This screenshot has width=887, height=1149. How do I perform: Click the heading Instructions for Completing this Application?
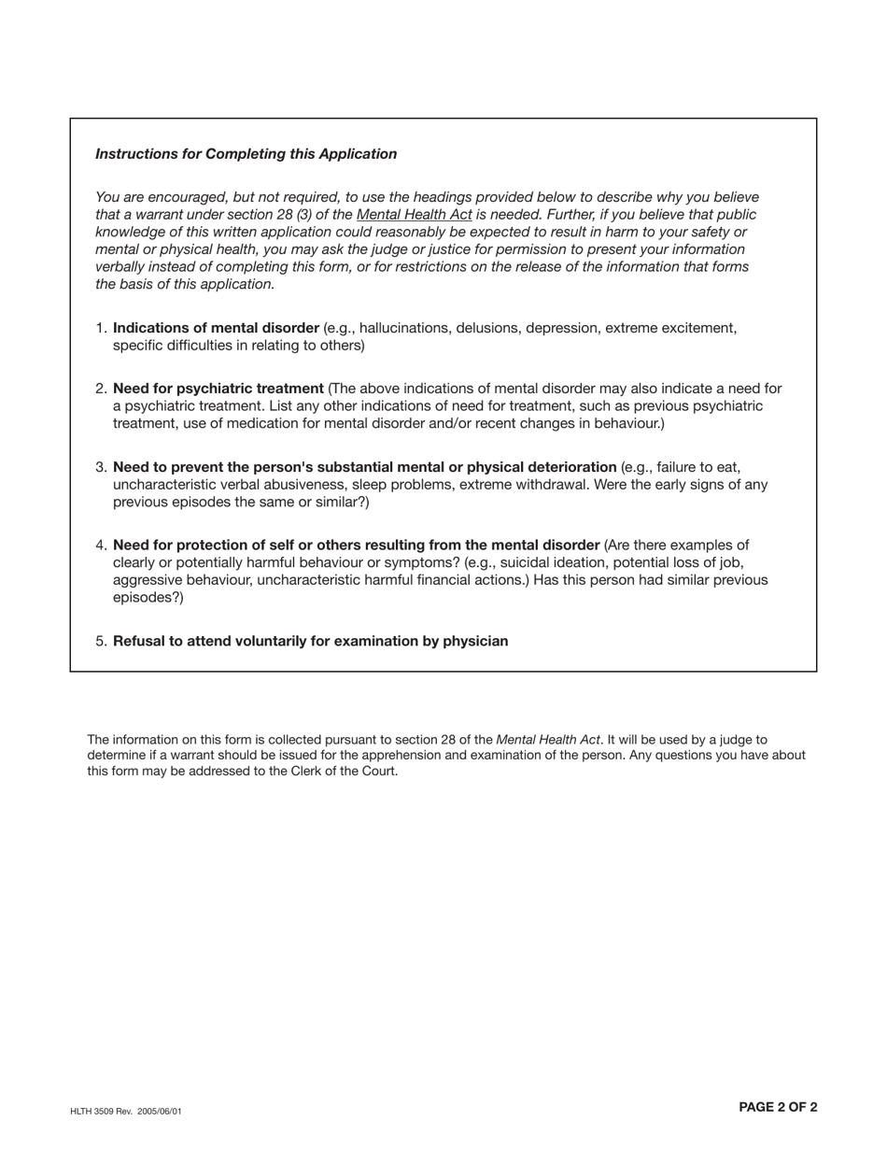[246, 154]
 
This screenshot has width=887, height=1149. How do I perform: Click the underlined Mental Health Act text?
[414, 215]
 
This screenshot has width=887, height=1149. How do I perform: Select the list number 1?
[101, 329]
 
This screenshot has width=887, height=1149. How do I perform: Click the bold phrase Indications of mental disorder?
[216, 329]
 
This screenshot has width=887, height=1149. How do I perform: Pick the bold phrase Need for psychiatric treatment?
[218, 389]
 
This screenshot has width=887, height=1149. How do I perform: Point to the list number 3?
[101, 467]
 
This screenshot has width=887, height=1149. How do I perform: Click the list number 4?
[101, 546]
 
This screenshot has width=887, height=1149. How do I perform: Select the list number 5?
[101, 642]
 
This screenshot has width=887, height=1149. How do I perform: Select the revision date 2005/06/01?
[158, 1112]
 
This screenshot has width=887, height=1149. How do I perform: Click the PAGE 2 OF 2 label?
[777, 1108]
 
